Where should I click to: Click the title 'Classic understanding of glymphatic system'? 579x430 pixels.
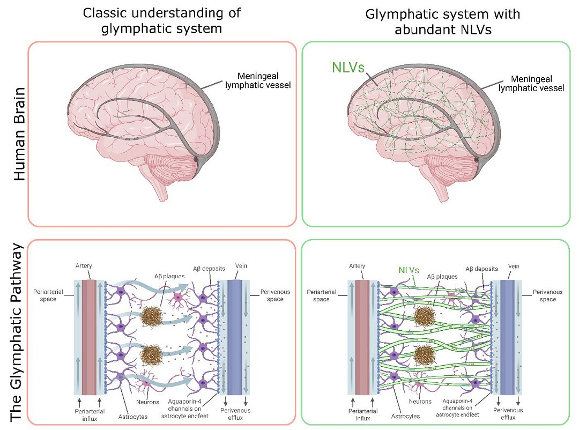click(x=162, y=20)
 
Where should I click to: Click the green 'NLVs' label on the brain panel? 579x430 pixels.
click(x=347, y=68)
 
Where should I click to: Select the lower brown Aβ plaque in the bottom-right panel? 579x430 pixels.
click(x=427, y=355)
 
